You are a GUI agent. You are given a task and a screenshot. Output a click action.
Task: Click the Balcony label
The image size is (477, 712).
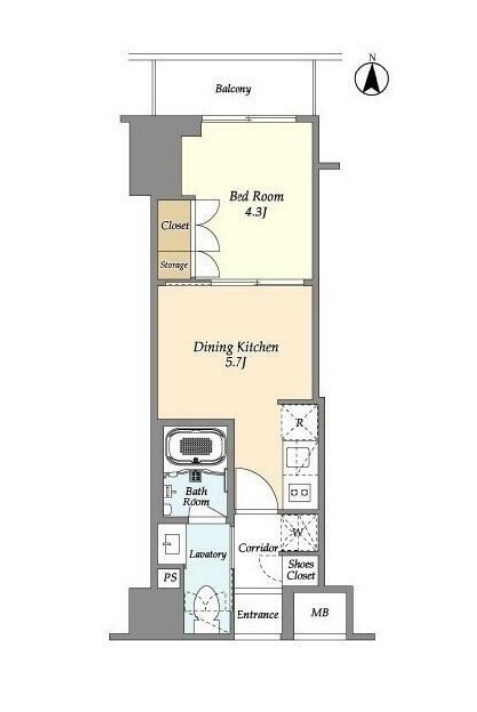(x=234, y=88)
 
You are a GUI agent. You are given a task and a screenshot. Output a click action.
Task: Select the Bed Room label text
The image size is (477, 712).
(x=256, y=197)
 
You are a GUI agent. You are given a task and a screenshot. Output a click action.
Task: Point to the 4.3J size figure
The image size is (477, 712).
(x=255, y=213)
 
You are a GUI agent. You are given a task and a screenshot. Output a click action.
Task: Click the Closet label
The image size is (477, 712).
(x=175, y=225)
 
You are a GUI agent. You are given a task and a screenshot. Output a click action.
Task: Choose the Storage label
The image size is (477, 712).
(x=174, y=265)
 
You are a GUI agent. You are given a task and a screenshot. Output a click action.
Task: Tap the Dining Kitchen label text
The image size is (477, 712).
(x=236, y=347)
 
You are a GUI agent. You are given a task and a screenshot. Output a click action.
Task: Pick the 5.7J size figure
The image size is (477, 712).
(x=236, y=363)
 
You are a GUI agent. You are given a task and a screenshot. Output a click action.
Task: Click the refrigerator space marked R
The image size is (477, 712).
(x=299, y=422)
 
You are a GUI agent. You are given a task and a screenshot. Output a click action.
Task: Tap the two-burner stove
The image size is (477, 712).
(x=299, y=491)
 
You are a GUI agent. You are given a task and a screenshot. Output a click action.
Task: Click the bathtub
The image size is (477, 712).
(x=196, y=446)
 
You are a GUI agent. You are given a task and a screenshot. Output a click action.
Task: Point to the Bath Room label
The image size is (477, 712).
(x=196, y=497)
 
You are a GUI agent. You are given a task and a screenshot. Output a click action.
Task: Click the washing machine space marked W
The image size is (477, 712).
(x=298, y=533)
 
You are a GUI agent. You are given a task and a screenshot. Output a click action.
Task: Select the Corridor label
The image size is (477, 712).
(x=258, y=548)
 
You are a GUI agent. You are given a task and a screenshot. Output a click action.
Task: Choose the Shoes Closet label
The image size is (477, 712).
(x=301, y=570)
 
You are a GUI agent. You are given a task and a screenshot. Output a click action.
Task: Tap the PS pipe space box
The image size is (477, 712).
(x=170, y=579)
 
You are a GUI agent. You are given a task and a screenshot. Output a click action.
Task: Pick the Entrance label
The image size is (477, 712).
(x=257, y=615)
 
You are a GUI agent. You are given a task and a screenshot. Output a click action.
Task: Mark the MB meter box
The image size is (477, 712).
(x=320, y=613)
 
